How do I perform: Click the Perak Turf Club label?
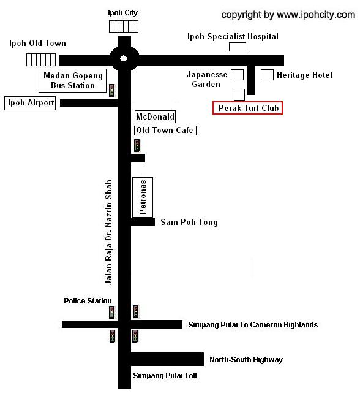coord(247,108)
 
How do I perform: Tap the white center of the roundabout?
coord(124,59)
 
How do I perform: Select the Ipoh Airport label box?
coord(30,103)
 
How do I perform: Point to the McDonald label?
coord(155,116)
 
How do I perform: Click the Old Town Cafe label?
coord(165,131)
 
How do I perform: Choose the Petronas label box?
coord(143,197)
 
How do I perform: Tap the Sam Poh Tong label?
coord(189,223)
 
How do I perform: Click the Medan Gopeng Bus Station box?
coord(73,80)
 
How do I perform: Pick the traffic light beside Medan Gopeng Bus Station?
coord(112,90)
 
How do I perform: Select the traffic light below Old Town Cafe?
coord(137,145)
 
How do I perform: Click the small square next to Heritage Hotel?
coord(267,75)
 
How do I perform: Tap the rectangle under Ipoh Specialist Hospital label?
coord(238,47)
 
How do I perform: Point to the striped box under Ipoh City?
coord(124,27)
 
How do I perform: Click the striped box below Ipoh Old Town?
coord(41,60)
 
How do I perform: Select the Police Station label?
coord(88,301)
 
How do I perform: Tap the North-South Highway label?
coord(246,360)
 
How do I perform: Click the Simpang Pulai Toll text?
coord(165,376)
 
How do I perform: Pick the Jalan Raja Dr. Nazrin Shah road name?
coord(108,232)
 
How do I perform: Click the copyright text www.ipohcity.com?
coord(316,15)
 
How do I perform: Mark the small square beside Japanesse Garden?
coord(238,75)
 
